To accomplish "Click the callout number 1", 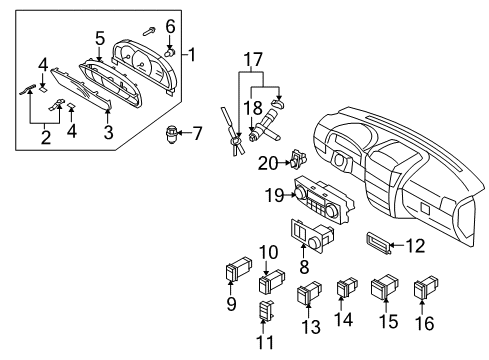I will (x=193, y=54).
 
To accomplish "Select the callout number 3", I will (x=107, y=130).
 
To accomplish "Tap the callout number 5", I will (x=100, y=38).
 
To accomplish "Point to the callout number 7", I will (x=196, y=132).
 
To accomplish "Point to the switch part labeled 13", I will (x=308, y=295).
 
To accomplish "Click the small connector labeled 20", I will (x=296, y=157).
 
